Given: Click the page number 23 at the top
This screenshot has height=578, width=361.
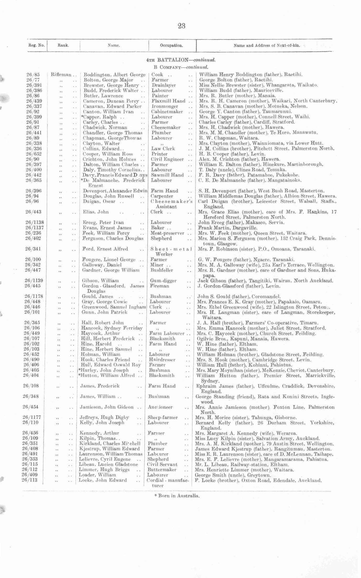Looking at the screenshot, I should point(182,26).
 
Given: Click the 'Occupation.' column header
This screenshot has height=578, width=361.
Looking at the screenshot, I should point(171,46).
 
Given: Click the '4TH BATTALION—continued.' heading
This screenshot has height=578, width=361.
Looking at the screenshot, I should point(181,60).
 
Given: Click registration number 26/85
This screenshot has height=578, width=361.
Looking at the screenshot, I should point(34,75).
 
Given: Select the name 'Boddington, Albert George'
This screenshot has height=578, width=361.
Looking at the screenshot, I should point(114,75).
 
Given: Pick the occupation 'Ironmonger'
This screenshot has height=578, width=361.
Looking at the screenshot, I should point(165,106).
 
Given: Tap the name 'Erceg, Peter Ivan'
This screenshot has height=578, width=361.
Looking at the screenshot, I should point(103,223).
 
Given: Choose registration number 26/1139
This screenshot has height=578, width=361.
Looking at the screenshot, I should point(34,280).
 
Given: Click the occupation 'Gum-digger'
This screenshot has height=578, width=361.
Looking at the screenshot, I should point(163,281).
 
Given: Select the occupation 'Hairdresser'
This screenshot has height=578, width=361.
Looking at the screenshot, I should point(162,360).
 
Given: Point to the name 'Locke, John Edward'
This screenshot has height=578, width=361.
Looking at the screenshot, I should point(103,480).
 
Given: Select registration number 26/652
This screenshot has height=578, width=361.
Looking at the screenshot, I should point(34,154).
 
